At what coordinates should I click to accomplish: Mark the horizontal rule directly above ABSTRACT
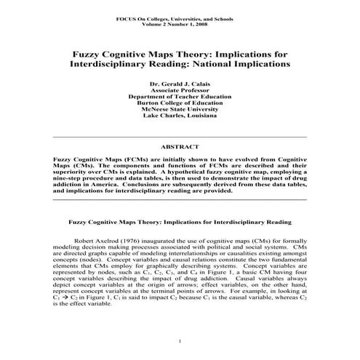pyautogui.click(x=180, y=137)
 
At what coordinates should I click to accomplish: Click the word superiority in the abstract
pyautogui.click(x=75, y=172)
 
